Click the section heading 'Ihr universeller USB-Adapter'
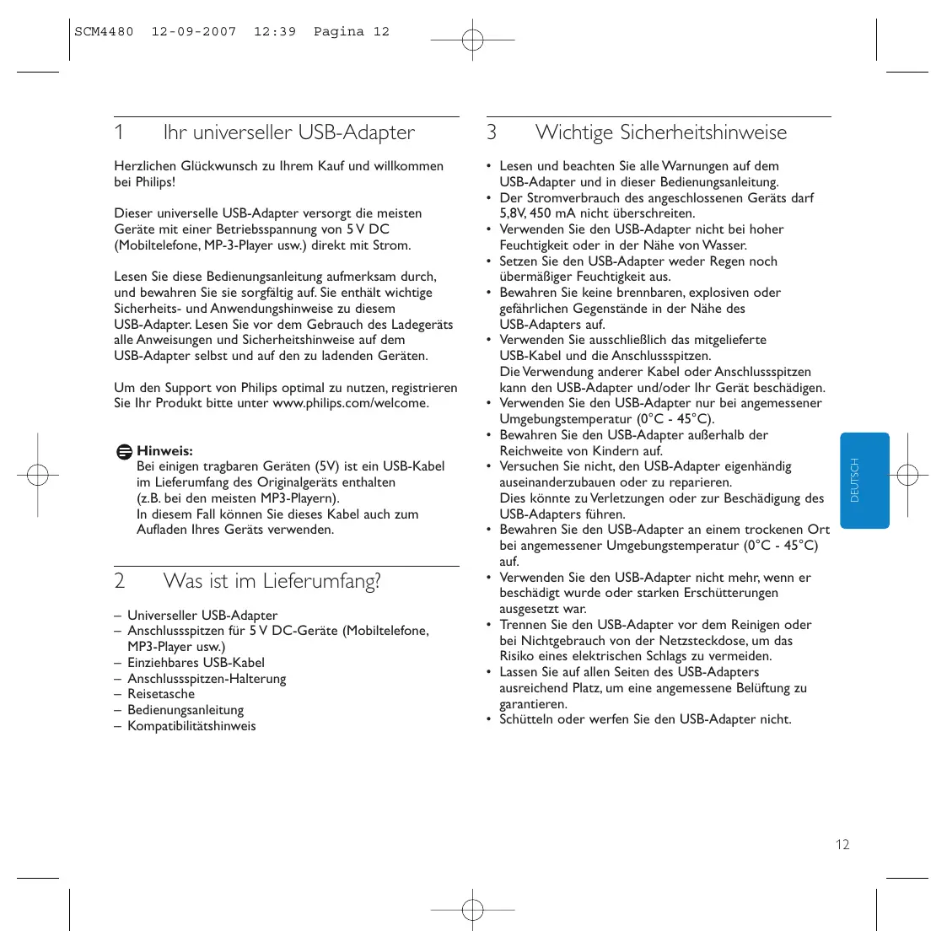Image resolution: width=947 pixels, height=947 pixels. (288, 132)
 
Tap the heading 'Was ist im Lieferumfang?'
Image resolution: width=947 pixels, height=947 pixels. (272, 580)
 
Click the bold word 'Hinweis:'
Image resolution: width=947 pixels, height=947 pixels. (164, 450)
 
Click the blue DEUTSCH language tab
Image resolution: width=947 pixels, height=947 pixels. (864, 481)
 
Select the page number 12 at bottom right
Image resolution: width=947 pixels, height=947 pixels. (842, 844)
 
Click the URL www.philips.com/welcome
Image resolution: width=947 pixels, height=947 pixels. (350, 403)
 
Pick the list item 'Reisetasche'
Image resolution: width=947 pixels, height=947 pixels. (161, 694)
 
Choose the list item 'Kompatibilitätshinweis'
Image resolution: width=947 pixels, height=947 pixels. (191, 726)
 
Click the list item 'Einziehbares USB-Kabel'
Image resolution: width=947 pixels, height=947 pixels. (196, 663)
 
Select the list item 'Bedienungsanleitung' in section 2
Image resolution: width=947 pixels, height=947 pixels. (186, 710)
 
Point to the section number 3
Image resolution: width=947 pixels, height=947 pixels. (492, 132)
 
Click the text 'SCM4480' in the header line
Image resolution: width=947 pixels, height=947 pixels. (104, 32)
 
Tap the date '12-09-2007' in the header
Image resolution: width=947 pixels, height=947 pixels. (194, 32)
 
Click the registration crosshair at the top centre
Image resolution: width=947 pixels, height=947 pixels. (472, 40)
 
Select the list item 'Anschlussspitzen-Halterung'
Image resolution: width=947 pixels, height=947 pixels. (207, 679)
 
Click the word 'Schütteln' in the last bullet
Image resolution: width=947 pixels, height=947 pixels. (526, 719)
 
